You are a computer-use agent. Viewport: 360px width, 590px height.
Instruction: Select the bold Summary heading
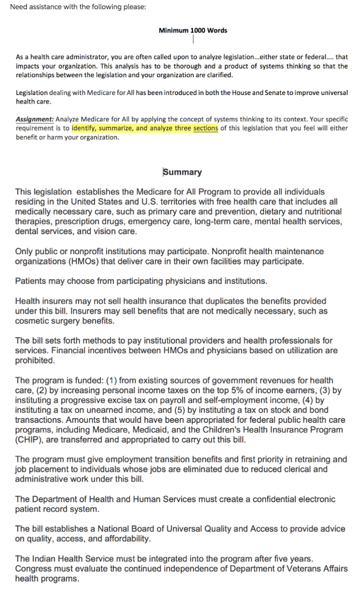point(183,172)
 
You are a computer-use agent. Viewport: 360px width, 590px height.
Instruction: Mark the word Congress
point(36,569)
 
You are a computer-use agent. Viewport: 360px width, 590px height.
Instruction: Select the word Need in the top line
point(20,7)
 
